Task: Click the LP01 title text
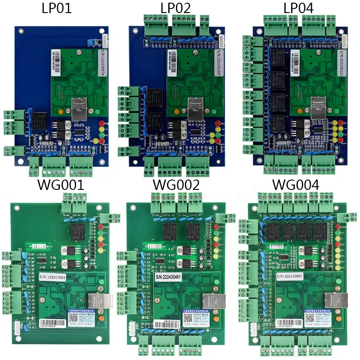click(56, 8)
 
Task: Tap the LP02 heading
click(175, 8)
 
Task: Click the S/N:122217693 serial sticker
click(58, 278)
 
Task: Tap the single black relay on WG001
click(76, 231)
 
